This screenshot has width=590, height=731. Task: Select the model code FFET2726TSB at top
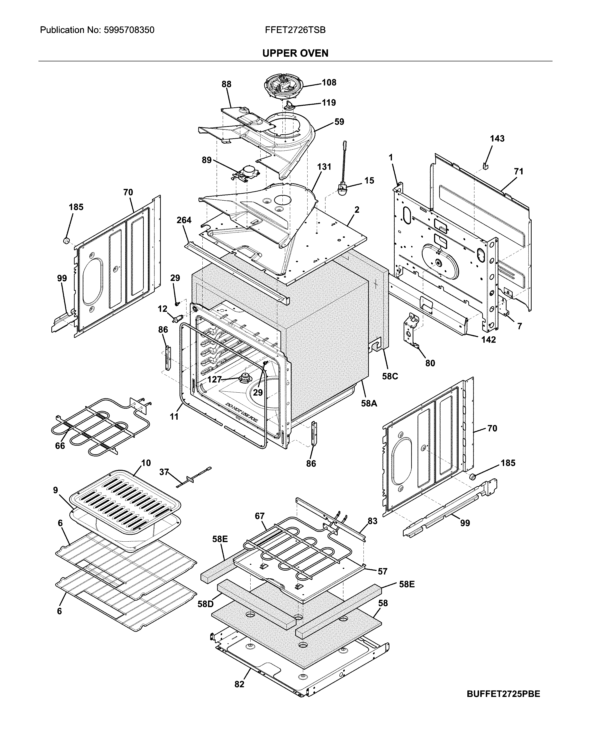(295, 30)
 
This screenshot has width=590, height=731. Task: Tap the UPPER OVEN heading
(295, 53)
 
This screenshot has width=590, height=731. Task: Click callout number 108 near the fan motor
(329, 82)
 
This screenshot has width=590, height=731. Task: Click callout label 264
(184, 220)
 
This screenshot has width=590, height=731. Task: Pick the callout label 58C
(390, 376)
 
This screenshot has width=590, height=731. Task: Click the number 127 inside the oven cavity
(214, 379)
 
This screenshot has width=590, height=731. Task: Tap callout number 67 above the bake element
(260, 516)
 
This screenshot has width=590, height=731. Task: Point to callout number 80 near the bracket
(430, 363)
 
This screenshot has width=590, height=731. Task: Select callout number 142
(488, 340)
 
